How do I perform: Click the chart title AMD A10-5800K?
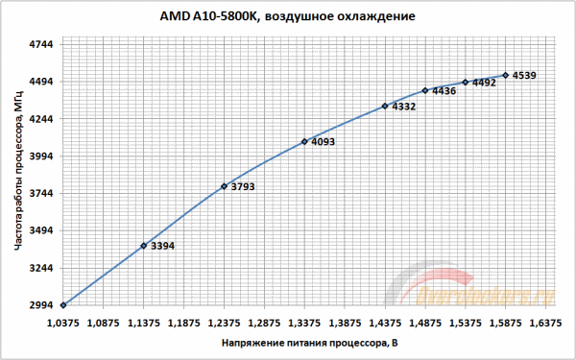tap(288, 17)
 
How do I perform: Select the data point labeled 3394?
tap(143, 246)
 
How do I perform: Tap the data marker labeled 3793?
tap(224, 186)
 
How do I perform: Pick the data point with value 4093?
tap(304, 142)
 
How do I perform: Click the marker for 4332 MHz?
tap(385, 106)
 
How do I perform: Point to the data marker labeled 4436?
tap(425, 90)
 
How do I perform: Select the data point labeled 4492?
tap(466, 83)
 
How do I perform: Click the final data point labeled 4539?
tap(506, 75)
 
